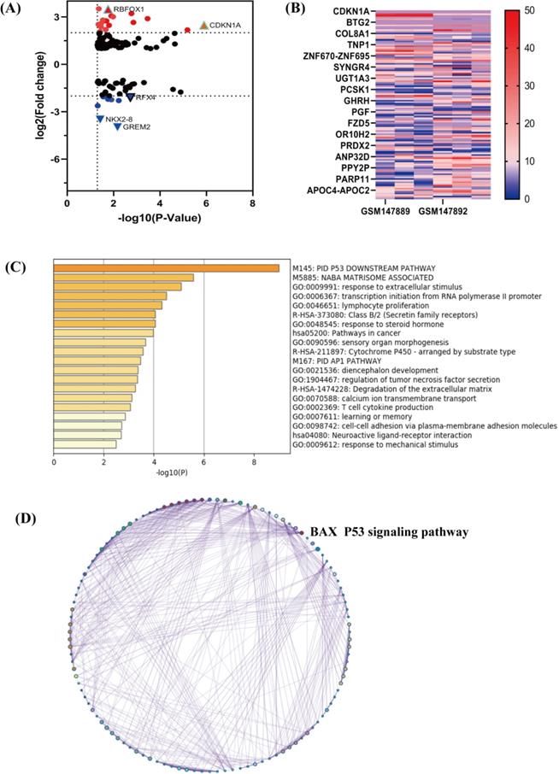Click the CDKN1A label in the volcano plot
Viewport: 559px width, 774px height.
226,26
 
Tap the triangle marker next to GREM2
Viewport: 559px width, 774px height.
118,127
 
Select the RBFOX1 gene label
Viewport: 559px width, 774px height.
130,9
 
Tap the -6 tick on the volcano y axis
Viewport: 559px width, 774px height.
55,159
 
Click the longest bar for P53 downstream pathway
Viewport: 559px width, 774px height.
167,268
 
